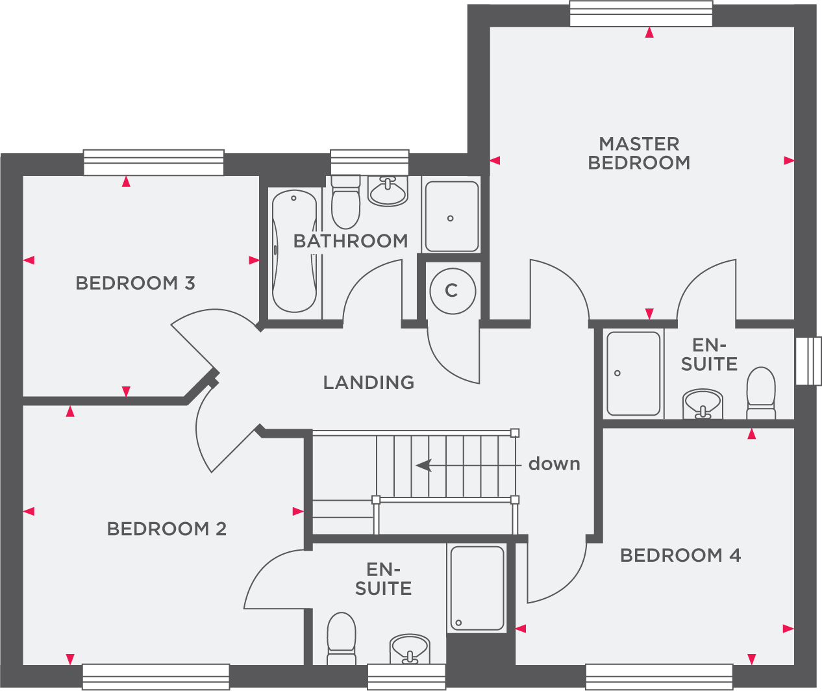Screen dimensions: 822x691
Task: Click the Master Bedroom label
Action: tap(639, 153)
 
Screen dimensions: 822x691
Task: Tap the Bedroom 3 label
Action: tap(136, 283)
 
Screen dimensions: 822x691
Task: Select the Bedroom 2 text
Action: tap(167, 529)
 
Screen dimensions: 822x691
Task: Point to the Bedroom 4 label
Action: tap(680, 555)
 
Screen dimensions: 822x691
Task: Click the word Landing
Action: tap(369, 383)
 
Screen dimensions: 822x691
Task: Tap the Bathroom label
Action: tap(351, 242)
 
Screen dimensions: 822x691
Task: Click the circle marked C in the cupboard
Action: tap(453, 291)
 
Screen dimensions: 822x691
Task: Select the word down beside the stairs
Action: tap(554, 464)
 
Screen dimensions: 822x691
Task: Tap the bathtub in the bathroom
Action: tap(295, 251)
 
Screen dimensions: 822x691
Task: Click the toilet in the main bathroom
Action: tap(345, 202)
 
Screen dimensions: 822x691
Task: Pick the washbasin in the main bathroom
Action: tap(388, 191)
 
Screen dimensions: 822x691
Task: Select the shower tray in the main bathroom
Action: tap(452, 216)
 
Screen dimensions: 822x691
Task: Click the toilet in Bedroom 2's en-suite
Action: tap(342, 638)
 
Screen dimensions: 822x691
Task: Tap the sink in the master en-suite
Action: tap(703, 404)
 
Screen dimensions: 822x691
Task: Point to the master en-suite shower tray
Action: tap(634, 373)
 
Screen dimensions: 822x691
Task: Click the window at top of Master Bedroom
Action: tap(641, 14)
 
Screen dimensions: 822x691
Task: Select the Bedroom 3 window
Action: tap(153, 162)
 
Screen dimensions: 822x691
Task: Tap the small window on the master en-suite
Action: tap(808, 361)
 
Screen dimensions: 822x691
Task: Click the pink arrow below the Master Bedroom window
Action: tap(649, 32)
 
